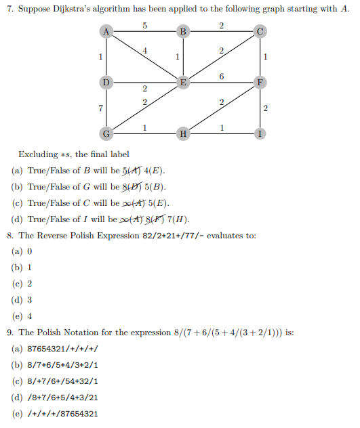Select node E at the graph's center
[182, 82]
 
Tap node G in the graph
[105, 132]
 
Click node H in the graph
[182, 132]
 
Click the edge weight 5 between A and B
[144, 25]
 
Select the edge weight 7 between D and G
[100, 108]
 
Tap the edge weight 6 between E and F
[222, 76]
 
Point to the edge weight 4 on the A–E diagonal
[144, 51]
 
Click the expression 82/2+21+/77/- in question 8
[158, 236]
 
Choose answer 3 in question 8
[29, 300]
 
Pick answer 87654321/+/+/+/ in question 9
[64, 349]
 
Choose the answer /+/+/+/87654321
[64, 414]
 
